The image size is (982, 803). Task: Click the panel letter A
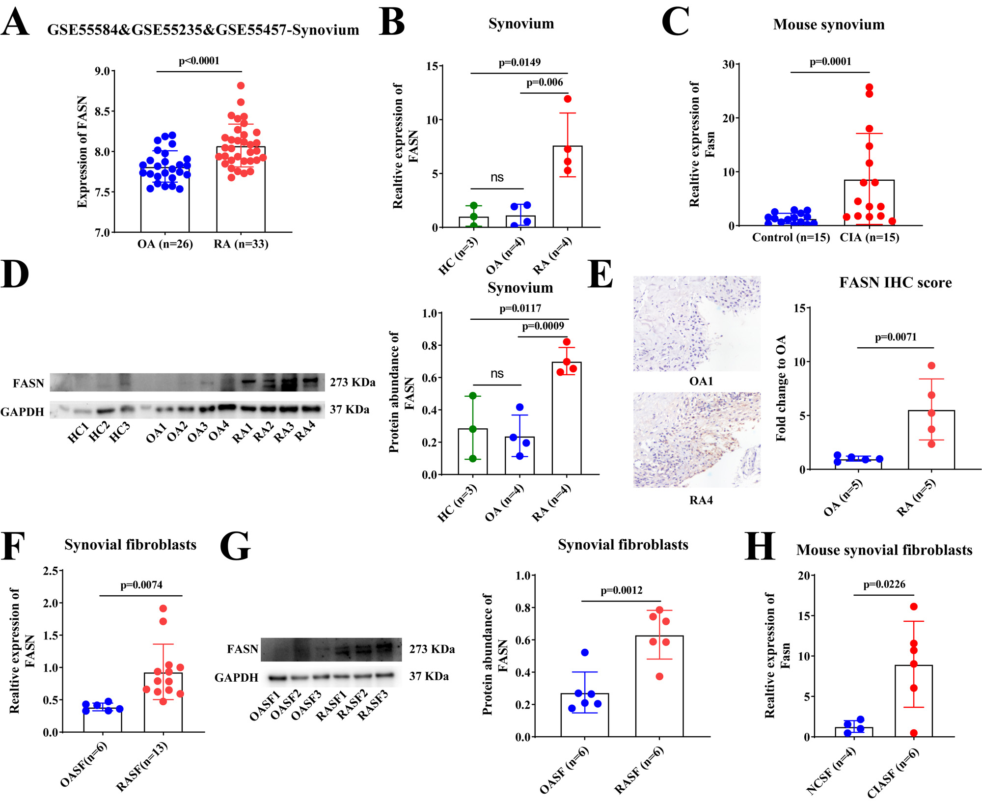pos(15,23)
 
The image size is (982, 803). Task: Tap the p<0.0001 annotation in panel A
pos(199,61)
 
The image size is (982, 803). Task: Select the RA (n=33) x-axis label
pos(241,244)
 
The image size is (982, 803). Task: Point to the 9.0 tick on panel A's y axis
pos(103,72)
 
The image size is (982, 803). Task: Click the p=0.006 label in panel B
pos(545,83)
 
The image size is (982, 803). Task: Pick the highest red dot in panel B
pos(568,99)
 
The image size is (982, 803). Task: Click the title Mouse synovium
pos(829,25)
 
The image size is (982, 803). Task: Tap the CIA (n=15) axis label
pos(869,238)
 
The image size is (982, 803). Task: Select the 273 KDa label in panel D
pos(353,382)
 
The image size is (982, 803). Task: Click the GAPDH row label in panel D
pos(22,412)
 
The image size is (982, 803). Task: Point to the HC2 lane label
pos(99,432)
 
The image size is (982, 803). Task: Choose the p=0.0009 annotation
pos(543,326)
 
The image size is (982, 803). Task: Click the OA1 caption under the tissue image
pos(701,381)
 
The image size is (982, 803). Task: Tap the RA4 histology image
pos(696,440)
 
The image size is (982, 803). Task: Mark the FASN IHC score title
pos(895,283)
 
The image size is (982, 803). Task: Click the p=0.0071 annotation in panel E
pos(896,337)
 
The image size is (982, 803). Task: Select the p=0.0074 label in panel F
pos(141,585)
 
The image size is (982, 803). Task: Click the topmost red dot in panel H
pos(914,607)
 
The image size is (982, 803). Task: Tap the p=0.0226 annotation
pos(884,584)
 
